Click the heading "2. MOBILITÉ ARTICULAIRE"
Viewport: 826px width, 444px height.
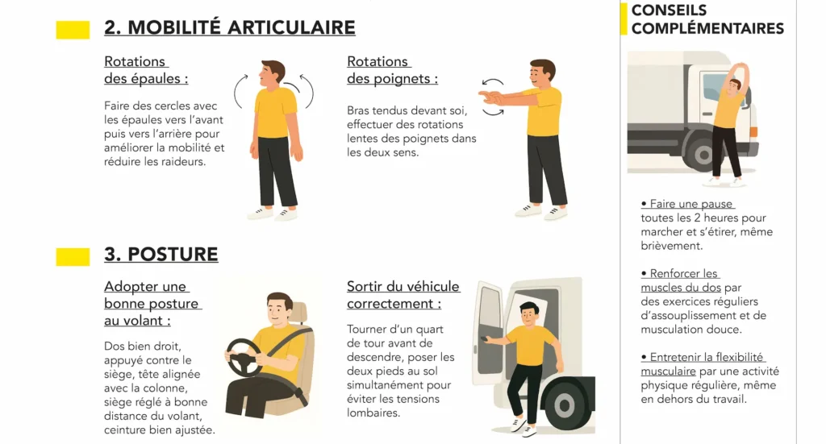(x=230, y=27)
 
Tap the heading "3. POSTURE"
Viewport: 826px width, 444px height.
(x=161, y=254)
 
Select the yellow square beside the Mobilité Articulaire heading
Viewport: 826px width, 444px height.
(x=73, y=30)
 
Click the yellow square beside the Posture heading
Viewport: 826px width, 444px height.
(x=73, y=257)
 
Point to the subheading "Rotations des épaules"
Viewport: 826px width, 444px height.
(x=146, y=70)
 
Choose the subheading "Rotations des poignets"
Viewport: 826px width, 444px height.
(x=393, y=70)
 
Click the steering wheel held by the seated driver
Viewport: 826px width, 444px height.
(x=244, y=357)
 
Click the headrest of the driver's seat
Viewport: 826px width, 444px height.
(x=298, y=313)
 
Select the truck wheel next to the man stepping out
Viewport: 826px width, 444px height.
(x=565, y=405)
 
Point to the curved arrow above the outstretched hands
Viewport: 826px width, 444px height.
(x=493, y=82)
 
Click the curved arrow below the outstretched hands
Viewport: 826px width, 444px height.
(x=493, y=111)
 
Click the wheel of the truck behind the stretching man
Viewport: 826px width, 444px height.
(x=702, y=154)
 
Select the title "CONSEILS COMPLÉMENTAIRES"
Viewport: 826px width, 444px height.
(x=707, y=19)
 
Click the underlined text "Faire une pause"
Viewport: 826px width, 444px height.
(x=687, y=204)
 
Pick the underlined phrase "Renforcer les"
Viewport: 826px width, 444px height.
(x=679, y=273)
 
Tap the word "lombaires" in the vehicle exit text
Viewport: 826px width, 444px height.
(x=373, y=413)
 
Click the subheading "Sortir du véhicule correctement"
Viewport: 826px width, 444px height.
(x=403, y=295)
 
